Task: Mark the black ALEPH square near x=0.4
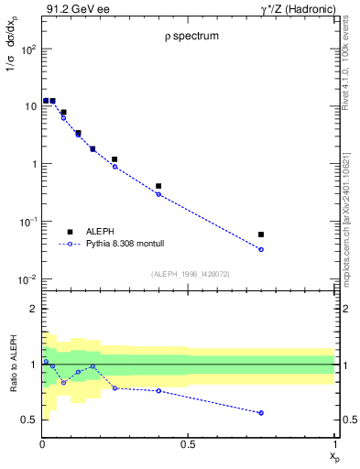(x=159, y=186)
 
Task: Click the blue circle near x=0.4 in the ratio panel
(x=159, y=391)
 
